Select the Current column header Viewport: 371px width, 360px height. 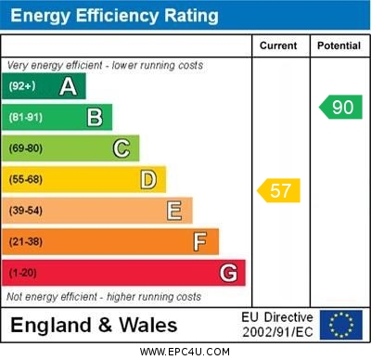click(x=278, y=45)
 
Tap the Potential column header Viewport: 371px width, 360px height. click(x=339, y=45)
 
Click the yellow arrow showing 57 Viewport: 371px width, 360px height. click(x=277, y=191)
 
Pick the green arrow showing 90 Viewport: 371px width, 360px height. click(x=340, y=107)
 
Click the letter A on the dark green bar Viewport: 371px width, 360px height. click(x=68, y=86)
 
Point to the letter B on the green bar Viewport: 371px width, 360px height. click(x=95, y=117)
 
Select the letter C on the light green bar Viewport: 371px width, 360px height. click(x=122, y=148)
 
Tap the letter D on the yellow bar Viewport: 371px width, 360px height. click(x=147, y=179)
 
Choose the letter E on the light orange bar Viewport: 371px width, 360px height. click(x=174, y=211)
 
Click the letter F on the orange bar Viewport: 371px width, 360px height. click(x=199, y=242)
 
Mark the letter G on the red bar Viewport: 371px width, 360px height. click(x=227, y=273)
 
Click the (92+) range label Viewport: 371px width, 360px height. click(x=22, y=86)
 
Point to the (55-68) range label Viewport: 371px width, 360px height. click(x=26, y=179)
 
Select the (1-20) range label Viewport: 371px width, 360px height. click(x=24, y=273)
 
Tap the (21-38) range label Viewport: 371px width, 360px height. click(x=26, y=242)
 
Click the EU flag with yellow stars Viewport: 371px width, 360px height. click(x=341, y=325)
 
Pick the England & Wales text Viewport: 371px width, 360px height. click(x=94, y=325)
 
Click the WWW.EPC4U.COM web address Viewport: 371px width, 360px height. click(x=185, y=353)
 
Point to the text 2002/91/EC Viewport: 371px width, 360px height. click(x=277, y=331)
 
